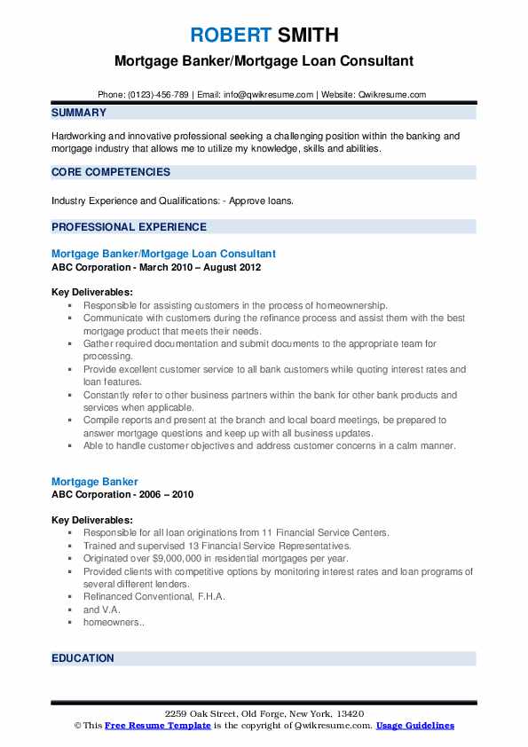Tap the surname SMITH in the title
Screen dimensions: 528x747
point(307,35)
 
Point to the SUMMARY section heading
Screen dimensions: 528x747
point(79,113)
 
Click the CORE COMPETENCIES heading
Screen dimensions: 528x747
point(111,172)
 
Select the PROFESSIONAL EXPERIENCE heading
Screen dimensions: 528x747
point(129,226)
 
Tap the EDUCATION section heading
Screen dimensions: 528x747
point(83,658)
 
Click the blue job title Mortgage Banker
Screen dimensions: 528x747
point(95,482)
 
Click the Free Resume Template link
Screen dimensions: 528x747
point(158,725)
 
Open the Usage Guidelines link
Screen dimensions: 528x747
point(414,725)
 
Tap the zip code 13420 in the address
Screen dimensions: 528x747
point(350,713)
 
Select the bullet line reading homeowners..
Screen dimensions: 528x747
point(114,623)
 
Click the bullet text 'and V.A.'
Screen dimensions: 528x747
point(101,609)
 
